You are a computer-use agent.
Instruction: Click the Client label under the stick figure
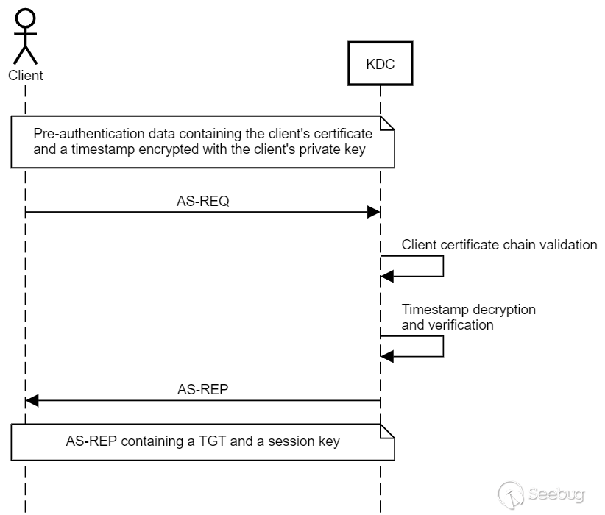[25, 75]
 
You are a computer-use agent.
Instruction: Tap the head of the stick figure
[25, 18]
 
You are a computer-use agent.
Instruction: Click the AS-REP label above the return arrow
[203, 390]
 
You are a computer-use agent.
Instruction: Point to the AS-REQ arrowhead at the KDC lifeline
[375, 212]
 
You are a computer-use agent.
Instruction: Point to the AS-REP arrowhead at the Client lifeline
[32, 401]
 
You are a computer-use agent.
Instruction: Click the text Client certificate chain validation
[499, 245]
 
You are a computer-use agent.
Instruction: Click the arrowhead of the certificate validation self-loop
[387, 276]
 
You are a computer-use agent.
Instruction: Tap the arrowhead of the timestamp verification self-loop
[387, 356]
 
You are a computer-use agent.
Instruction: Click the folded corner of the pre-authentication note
[388, 122]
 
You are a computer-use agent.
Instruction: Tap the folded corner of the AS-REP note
[388, 430]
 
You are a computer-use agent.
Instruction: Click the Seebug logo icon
[511, 492]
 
